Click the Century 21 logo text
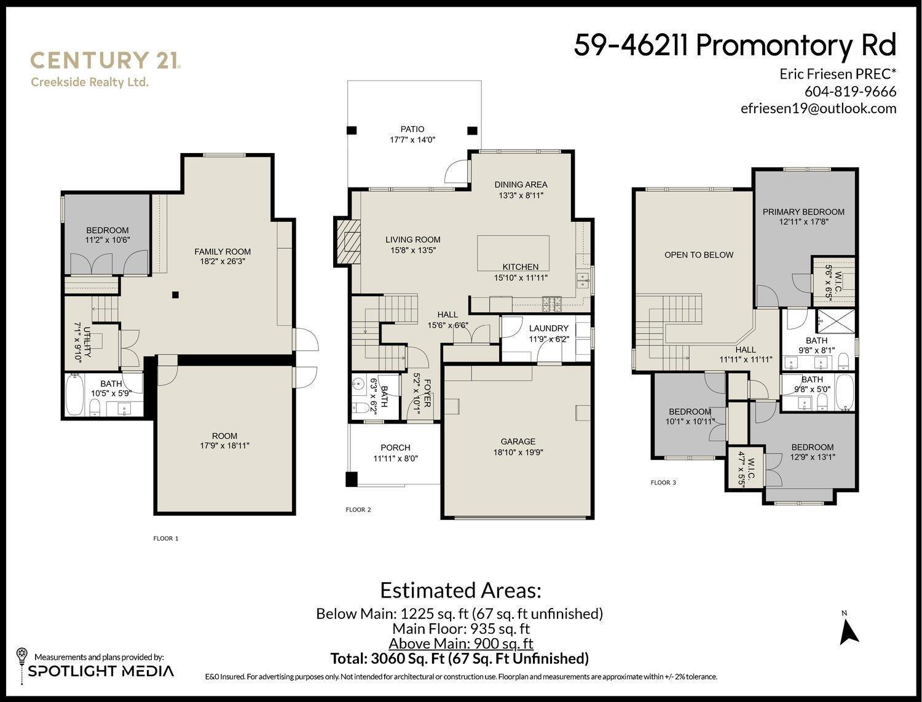click(x=105, y=60)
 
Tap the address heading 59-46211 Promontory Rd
click(x=735, y=45)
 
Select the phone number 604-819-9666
click(x=850, y=92)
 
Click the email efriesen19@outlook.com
click(x=818, y=108)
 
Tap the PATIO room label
click(x=412, y=129)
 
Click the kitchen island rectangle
click(x=513, y=252)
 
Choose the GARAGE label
click(x=518, y=441)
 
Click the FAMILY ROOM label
click(x=223, y=251)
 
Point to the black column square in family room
click(x=175, y=294)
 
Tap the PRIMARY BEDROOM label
click(x=803, y=212)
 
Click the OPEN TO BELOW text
click(x=699, y=254)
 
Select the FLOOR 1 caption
click(x=165, y=538)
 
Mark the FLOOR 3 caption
click(x=663, y=483)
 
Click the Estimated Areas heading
click(x=460, y=591)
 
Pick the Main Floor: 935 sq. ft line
click(x=460, y=629)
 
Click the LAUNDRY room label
click(x=548, y=328)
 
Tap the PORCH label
click(x=395, y=448)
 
